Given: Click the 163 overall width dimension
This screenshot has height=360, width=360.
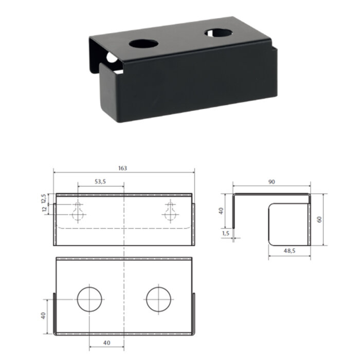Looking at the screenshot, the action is pos(122,168).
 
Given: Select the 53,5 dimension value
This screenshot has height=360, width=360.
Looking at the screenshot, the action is pos(100,182).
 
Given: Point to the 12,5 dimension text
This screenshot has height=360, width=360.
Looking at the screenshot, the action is pos(44,199).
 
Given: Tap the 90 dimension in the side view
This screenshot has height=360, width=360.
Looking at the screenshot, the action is pos(272,182).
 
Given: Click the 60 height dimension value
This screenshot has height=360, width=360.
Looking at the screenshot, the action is pos(319,220).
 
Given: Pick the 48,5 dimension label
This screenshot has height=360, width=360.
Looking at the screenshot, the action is pos(290,251).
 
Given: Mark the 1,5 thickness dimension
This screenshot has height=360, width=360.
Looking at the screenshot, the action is pos(226,233).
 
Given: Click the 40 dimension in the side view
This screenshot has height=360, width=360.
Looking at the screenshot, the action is pos(221,211).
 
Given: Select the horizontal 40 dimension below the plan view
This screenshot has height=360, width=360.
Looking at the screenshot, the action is pos(107,343).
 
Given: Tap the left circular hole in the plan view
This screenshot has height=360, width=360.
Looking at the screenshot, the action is pos(89,299).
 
